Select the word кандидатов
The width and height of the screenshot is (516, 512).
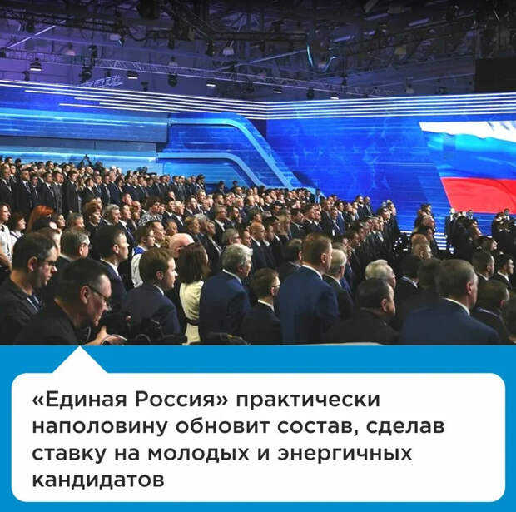97,480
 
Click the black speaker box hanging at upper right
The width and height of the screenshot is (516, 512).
495,74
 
